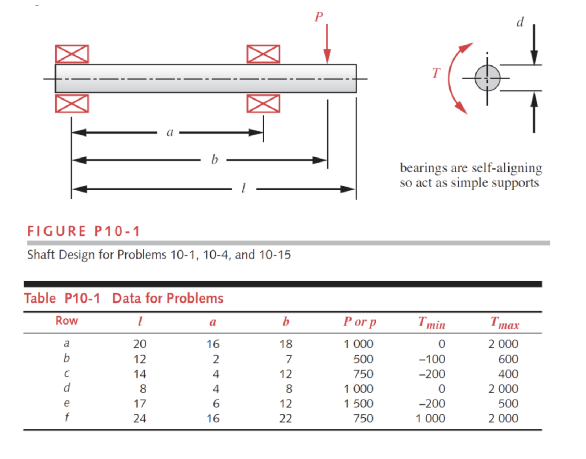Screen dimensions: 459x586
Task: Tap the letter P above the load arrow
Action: point(319,17)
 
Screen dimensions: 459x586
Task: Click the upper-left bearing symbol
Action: point(72,54)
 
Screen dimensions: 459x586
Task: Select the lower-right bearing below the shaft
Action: point(263,104)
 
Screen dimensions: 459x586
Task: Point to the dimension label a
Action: point(170,133)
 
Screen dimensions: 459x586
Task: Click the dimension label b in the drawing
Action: point(214,160)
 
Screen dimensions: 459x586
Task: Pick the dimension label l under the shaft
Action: point(243,188)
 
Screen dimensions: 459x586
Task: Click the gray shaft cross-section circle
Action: point(487,78)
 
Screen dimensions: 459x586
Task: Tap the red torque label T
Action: point(436,73)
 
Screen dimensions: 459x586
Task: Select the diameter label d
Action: point(520,22)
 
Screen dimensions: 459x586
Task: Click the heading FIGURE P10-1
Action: point(84,231)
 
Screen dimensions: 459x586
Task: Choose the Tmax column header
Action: point(505,323)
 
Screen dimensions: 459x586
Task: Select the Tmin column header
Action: point(432,323)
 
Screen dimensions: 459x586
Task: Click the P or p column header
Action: point(360,322)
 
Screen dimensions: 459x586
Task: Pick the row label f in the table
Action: point(67,417)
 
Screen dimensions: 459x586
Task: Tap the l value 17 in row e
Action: point(140,404)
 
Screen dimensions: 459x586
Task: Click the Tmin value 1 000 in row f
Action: point(430,418)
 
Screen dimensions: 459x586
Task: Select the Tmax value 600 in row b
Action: point(508,359)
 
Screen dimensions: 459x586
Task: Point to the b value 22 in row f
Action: point(286,418)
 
